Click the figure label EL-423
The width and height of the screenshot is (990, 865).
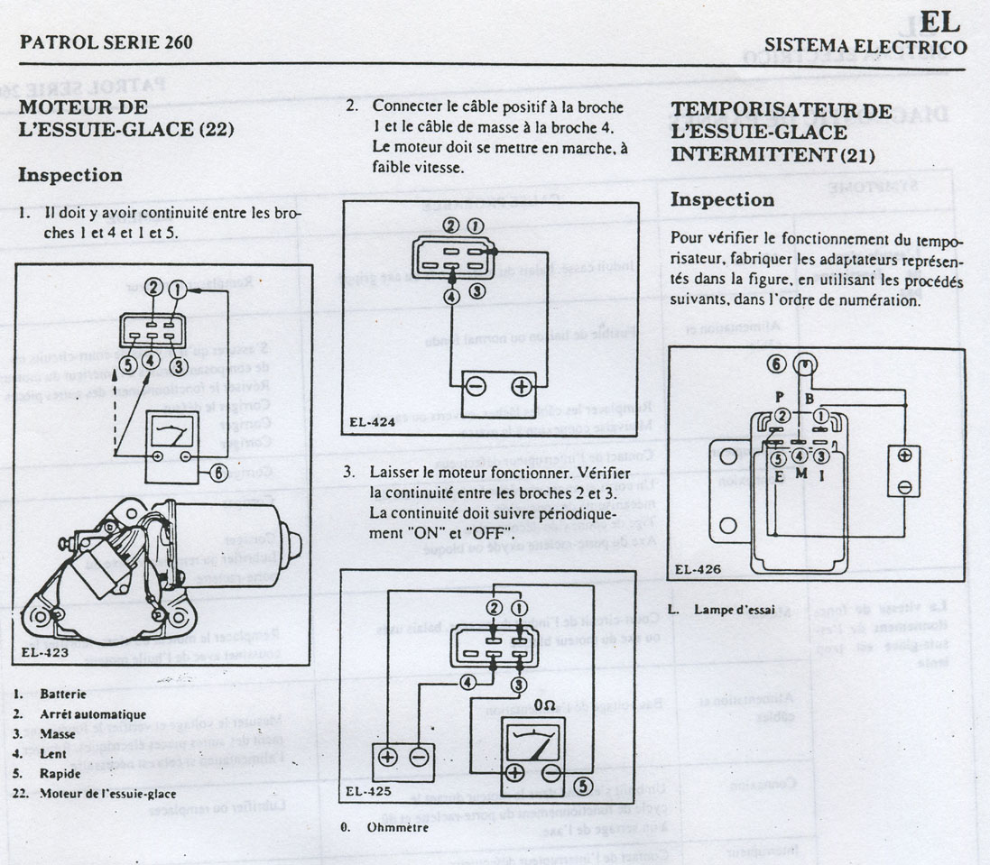coord(42,650)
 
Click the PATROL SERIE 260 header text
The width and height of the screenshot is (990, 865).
coord(106,42)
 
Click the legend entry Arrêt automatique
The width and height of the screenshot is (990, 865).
coord(93,713)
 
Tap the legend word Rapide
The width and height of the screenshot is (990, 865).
coord(60,773)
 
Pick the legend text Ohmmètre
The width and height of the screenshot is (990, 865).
coord(398,826)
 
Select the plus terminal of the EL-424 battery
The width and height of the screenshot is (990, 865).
coord(522,387)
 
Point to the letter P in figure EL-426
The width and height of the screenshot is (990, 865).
coord(779,397)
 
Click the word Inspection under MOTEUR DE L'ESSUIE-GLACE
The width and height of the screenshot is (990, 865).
coord(70,175)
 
